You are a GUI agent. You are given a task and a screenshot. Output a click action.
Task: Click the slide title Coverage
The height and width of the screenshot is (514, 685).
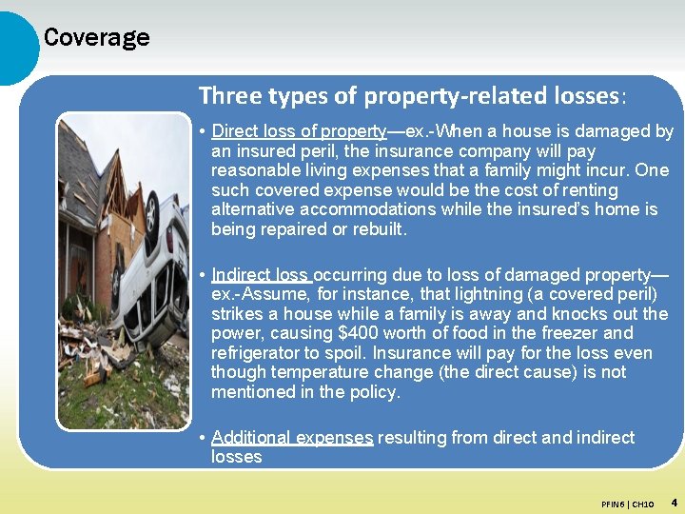pos(96,38)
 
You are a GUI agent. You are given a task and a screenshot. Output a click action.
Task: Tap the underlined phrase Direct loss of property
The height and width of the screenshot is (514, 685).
pos(299,131)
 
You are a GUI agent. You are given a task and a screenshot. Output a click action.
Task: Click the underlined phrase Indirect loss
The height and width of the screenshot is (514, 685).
pos(262,275)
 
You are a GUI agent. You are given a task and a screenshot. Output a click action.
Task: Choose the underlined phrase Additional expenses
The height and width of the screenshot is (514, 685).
pos(292,438)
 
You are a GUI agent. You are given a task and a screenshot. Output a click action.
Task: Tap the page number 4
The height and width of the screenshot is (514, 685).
pos(674,502)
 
